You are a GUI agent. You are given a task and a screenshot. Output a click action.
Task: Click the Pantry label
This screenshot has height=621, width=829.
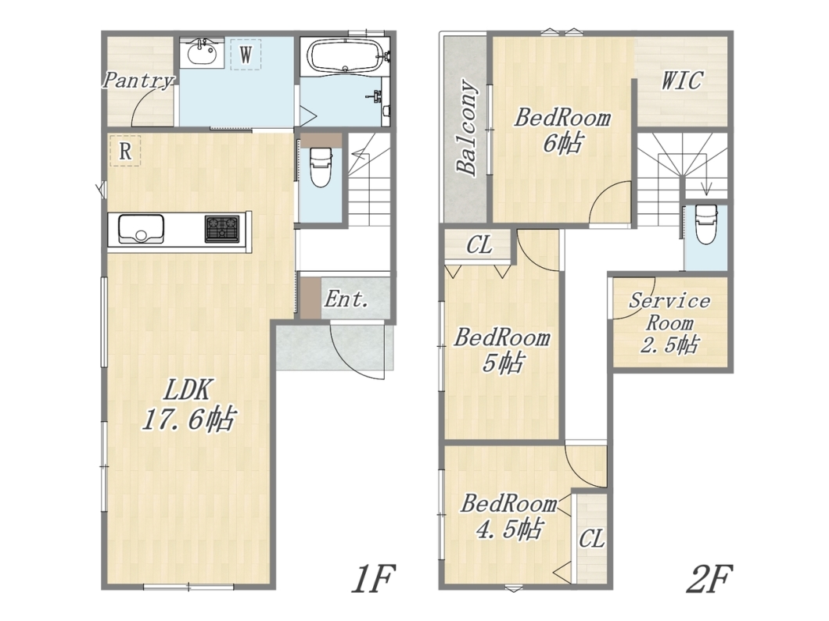pyautogui.click(x=138, y=80)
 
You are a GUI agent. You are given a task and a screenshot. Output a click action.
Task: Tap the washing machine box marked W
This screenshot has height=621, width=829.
pyautogui.click(x=246, y=54)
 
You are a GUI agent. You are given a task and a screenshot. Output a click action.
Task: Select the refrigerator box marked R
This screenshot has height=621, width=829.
pyautogui.click(x=125, y=151)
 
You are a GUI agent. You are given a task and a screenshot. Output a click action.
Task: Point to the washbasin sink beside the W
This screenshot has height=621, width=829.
pyautogui.click(x=203, y=53)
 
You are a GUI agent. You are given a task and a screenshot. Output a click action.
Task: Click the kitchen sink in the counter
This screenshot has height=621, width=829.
pyautogui.click(x=141, y=228)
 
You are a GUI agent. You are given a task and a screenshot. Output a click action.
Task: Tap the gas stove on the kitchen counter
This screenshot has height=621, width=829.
pyautogui.click(x=222, y=229)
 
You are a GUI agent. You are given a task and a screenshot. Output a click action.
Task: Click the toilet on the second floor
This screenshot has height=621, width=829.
pyautogui.click(x=705, y=224)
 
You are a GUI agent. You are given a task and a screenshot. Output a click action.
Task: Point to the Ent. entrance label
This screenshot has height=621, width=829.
pyautogui.click(x=346, y=299)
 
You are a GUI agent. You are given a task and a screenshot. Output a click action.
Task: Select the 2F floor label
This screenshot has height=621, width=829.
pyautogui.click(x=709, y=579)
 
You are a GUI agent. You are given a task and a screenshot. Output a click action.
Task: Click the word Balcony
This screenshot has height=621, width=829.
pyautogui.click(x=467, y=127)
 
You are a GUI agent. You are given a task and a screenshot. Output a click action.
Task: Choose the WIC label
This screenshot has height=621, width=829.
pyautogui.click(x=682, y=80)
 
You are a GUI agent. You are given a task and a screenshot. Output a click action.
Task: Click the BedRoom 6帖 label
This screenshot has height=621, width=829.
pyautogui.click(x=562, y=130)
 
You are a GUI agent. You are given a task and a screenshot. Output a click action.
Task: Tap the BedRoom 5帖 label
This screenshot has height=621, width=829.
pyautogui.click(x=502, y=350)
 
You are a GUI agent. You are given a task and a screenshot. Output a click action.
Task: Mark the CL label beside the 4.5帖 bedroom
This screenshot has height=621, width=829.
pyautogui.click(x=591, y=539)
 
